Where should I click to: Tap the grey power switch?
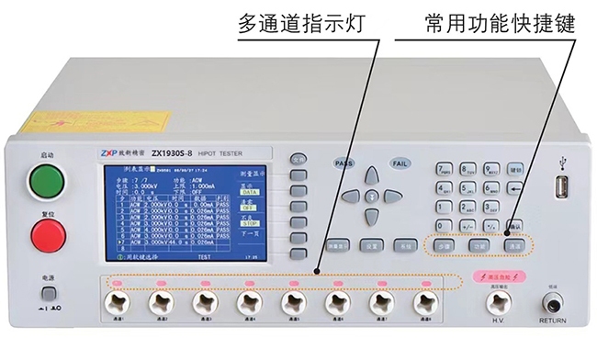click(x=49, y=294)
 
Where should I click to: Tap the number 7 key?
click(x=445, y=169)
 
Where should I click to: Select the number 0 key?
click(x=445, y=223)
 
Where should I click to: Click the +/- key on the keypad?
click(x=468, y=223)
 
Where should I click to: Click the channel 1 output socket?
click(x=117, y=302)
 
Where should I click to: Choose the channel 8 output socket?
click(x=423, y=302)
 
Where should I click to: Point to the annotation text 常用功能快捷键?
click(x=500, y=23)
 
